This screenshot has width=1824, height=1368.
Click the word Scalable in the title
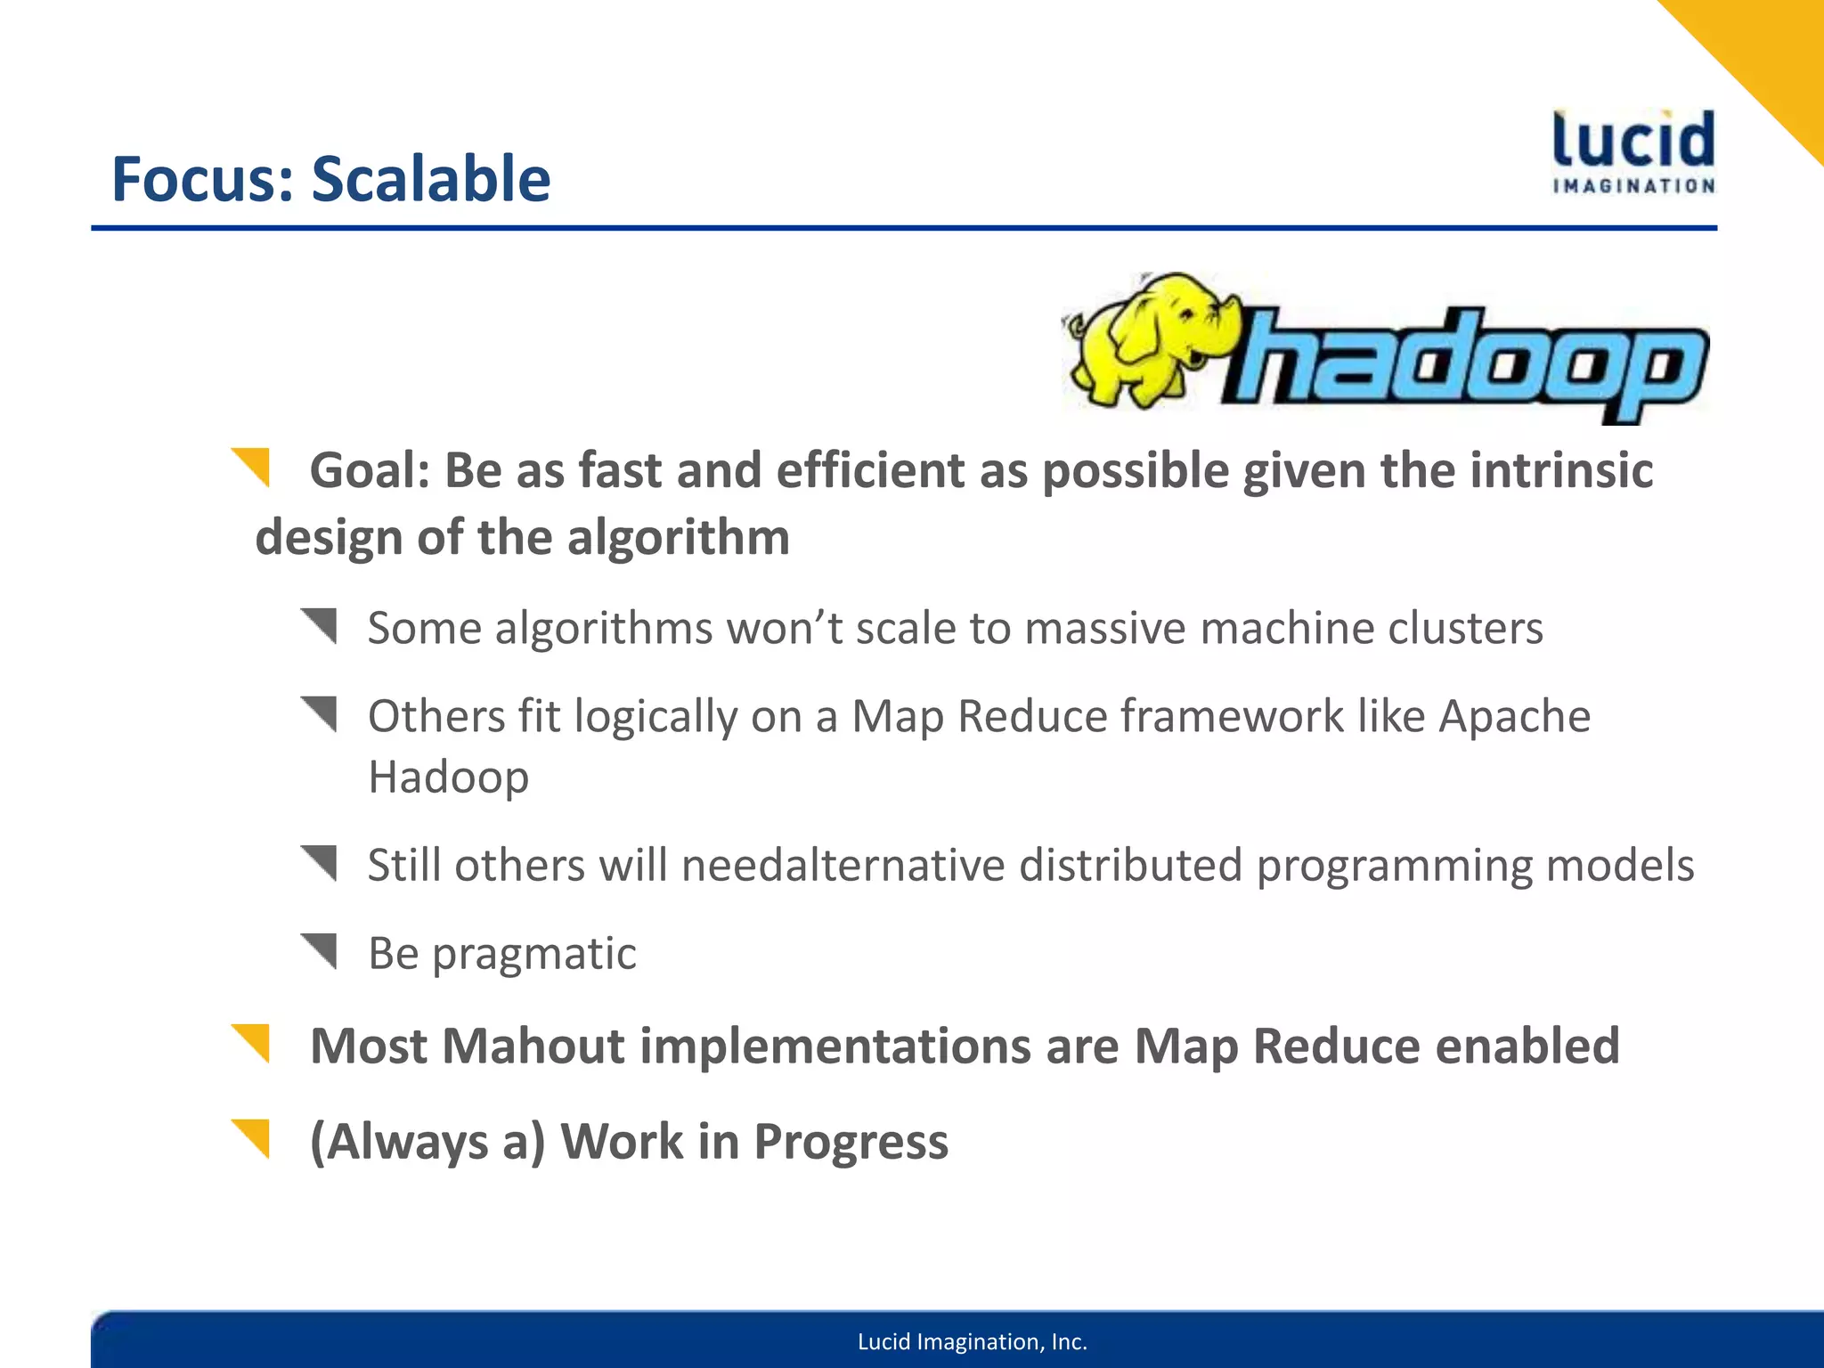click(430, 179)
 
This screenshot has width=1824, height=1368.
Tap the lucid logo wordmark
click(1633, 141)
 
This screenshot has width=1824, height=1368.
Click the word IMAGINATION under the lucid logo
click(1633, 186)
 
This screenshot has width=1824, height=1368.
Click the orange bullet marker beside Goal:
click(252, 467)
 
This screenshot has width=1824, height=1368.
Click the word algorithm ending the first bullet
click(678, 538)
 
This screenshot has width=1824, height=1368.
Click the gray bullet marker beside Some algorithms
click(320, 625)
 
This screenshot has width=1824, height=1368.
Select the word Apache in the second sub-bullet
click(1514, 717)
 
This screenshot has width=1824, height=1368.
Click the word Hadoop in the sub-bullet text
click(448, 777)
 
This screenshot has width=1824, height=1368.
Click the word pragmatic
click(534, 955)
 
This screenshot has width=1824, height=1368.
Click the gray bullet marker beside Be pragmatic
click(320, 950)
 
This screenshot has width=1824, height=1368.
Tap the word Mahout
click(533, 1046)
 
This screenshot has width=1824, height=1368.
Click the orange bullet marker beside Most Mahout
click(252, 1043)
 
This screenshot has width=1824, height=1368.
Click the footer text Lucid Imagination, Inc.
click(972, 1342)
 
